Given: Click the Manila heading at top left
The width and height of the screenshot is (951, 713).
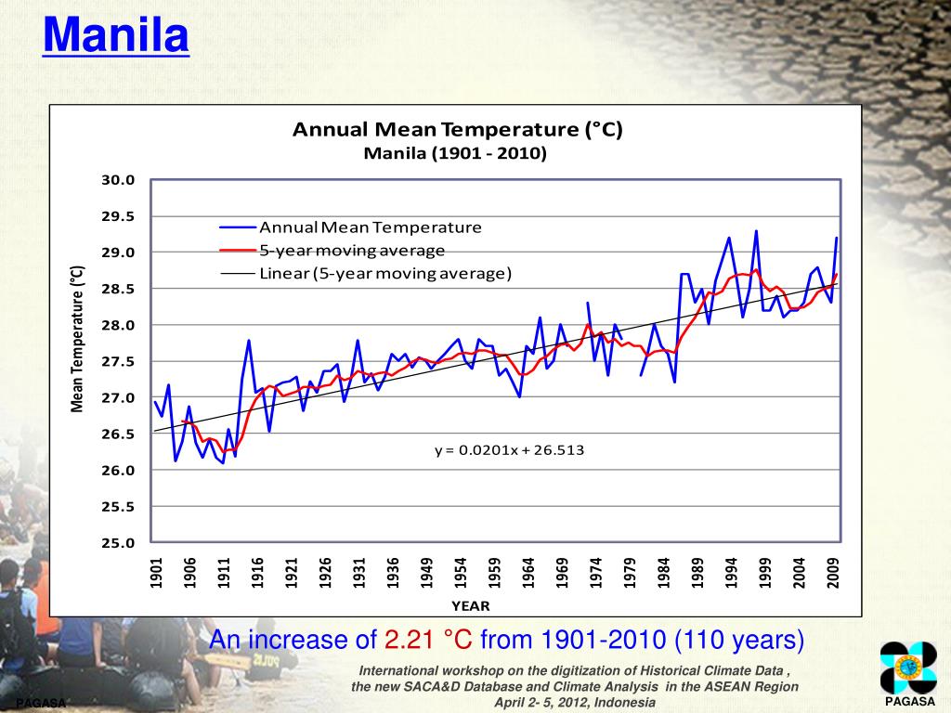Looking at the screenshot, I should (116, 37).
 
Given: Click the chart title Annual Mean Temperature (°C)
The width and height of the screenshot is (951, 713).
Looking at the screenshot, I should (457, 130).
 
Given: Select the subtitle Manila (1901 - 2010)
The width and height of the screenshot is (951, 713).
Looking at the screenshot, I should (455, 153).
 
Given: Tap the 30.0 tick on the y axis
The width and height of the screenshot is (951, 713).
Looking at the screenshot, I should (119, 180).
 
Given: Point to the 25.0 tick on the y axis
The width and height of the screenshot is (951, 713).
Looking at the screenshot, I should (119, 543).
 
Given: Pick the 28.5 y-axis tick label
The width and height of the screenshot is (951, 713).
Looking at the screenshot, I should (119, 289).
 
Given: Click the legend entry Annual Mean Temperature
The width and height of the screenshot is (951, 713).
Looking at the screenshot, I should (371, 227).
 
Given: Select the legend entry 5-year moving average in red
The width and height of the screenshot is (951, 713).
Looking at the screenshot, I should (352, 251).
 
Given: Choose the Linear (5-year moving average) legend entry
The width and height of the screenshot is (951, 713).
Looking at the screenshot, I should (385, 273).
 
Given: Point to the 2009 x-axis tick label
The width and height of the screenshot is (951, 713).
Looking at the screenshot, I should (833, 573).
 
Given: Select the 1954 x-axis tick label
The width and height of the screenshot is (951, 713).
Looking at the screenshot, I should (460, 573).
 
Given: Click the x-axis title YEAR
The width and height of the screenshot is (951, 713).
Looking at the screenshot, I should (470, 605).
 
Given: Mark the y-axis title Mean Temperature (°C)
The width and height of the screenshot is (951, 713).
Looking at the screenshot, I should (78, 339).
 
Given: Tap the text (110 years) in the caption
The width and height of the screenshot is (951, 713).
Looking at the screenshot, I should (739, 640).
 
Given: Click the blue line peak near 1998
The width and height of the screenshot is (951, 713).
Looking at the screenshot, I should (756, 231).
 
